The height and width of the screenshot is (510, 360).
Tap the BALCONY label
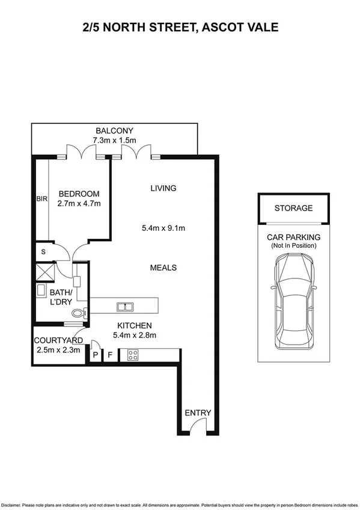point(114,131)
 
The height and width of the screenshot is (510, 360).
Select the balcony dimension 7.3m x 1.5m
point(114,140)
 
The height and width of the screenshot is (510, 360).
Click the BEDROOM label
point(79,194)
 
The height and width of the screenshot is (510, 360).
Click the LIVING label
point(163,188)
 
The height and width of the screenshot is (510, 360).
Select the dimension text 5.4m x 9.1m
point(163,228)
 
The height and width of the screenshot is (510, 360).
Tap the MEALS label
point(163,267)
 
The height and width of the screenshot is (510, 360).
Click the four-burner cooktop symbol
point(132,355)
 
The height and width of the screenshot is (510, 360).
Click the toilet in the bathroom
point(79,313)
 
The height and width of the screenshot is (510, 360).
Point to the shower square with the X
point(43,271)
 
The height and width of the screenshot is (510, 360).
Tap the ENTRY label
point(198,413)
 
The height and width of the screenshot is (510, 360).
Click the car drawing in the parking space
point(294,303)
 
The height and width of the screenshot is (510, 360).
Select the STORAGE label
point(293,209)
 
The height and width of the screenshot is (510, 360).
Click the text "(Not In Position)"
point(294,246)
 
